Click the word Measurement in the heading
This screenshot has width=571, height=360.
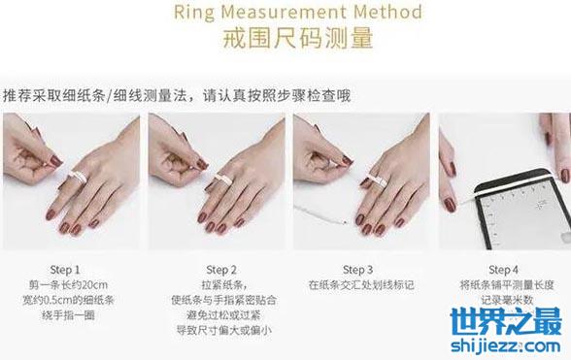click(x=284, y=12)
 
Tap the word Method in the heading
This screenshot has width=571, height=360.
click(x=387, y=12)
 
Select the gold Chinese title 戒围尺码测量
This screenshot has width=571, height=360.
click(x=298, y=38)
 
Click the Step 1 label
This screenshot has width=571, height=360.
click(x=65, y=270)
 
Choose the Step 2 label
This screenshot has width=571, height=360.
click(x=221, y=270)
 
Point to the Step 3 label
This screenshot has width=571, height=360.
click(x=358, y=270)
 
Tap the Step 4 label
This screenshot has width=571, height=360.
click(x=504, y=270)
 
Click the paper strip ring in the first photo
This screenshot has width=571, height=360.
click(x=79, y=178)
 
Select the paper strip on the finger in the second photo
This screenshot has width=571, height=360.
click(x=223, y=180)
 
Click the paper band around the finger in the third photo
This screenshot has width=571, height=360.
click(x=376, y=180)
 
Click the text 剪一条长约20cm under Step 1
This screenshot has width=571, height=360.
click(x=68, y=285)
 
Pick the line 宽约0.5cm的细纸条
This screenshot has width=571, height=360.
click(x=68, y=300)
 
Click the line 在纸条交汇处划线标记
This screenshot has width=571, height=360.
click(x=361, y=285)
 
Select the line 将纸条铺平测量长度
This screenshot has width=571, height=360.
click(x=507, y=285)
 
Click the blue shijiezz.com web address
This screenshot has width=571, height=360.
click(x=506, y=345)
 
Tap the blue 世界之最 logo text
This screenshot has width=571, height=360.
click(x=506, y=321)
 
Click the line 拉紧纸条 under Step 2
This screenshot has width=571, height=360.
click(x=223, y=285)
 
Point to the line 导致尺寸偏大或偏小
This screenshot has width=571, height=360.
click(x=224, y=331)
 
